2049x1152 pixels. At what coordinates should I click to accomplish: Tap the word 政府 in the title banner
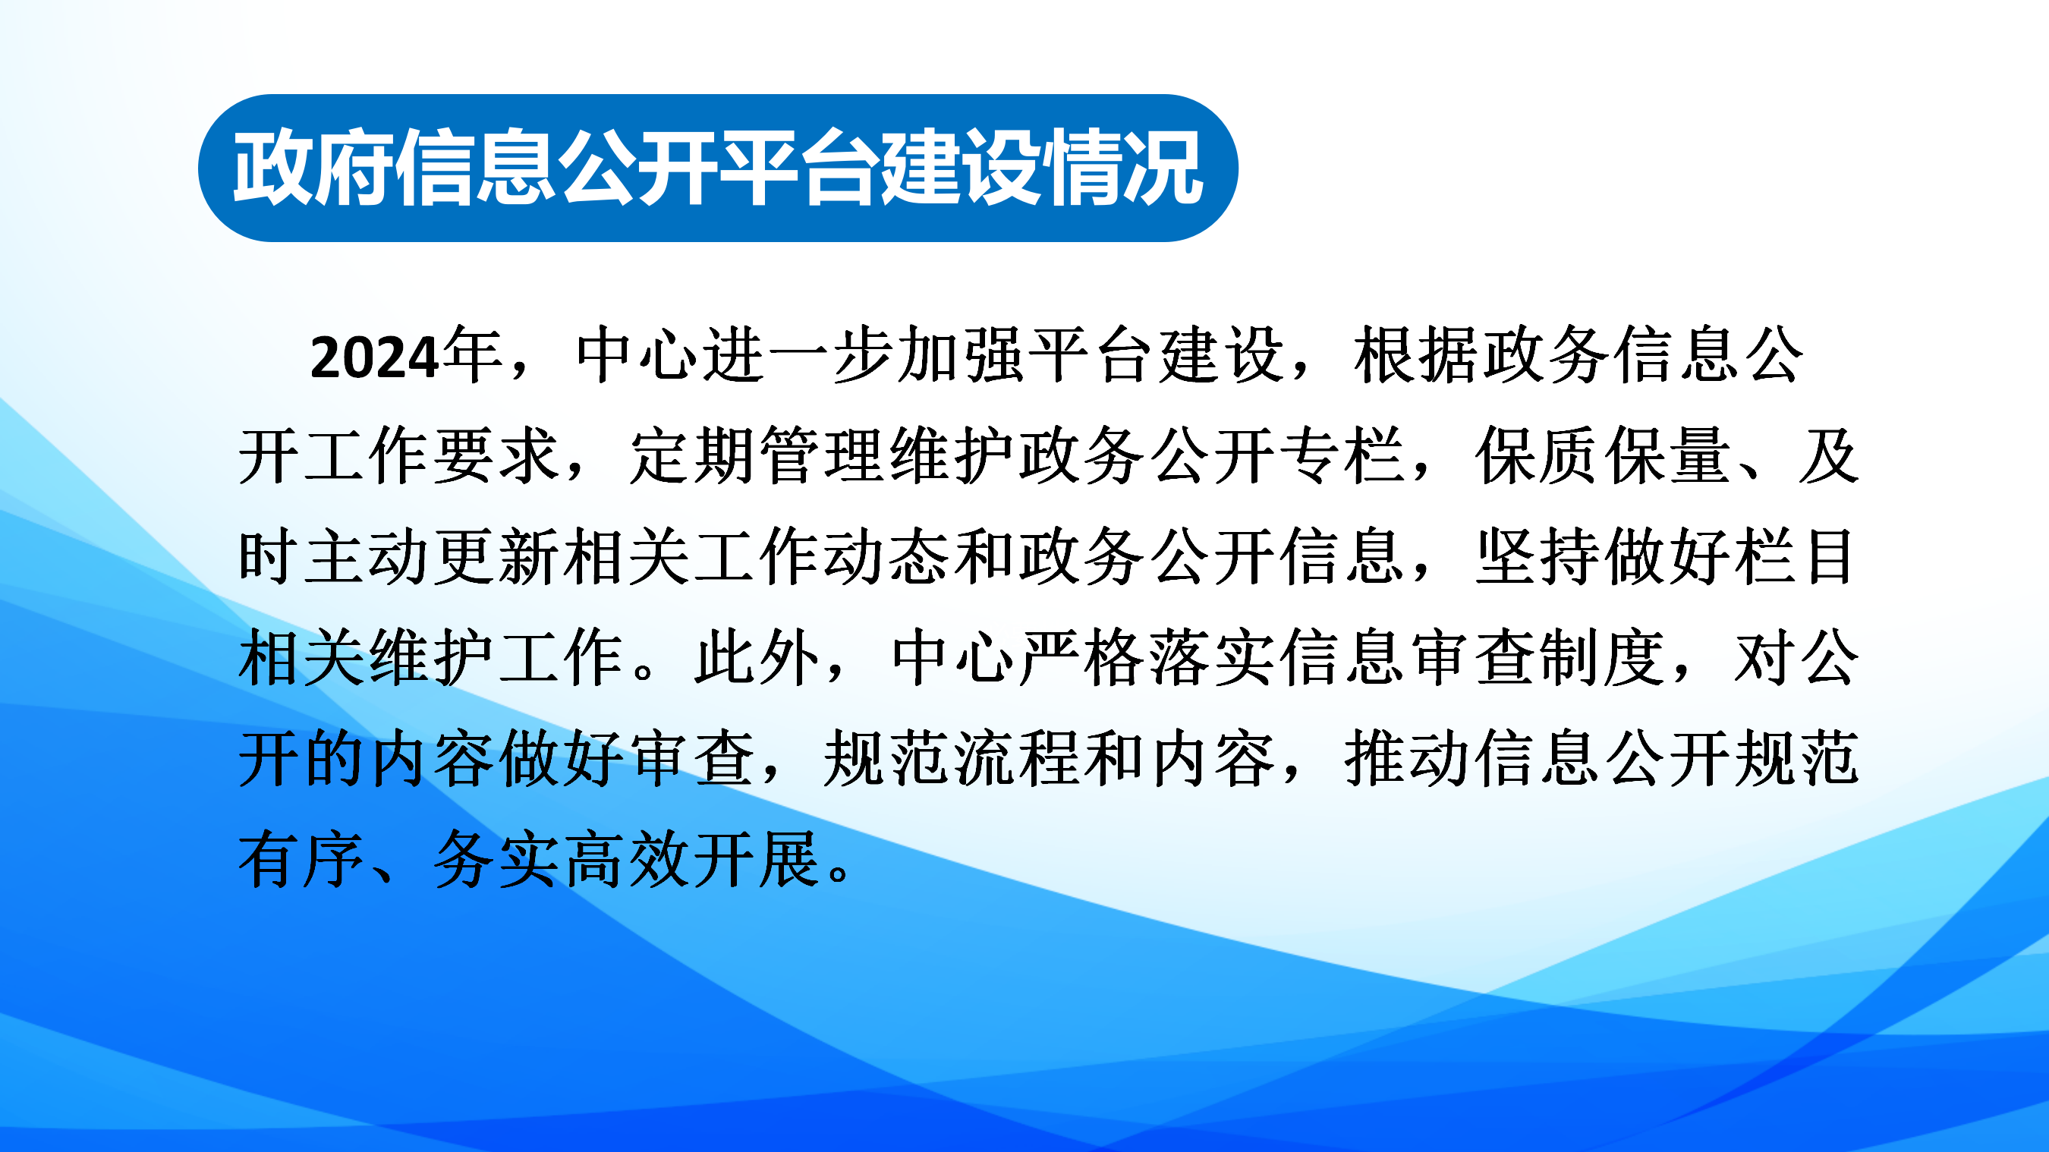point(313,167)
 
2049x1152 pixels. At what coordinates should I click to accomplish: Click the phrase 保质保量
point(1604,456)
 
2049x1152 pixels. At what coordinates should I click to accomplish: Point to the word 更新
point(498,556)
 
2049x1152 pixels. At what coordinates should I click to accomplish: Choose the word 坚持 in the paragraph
point(1538,556)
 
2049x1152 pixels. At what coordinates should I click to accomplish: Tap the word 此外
point(757,657)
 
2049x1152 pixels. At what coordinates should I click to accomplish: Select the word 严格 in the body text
point(1083,657)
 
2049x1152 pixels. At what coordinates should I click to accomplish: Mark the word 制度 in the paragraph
point(1603,657)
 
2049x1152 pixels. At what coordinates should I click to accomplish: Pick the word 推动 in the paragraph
point(1408,758)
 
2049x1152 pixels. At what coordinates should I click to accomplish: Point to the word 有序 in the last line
point(302,859)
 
